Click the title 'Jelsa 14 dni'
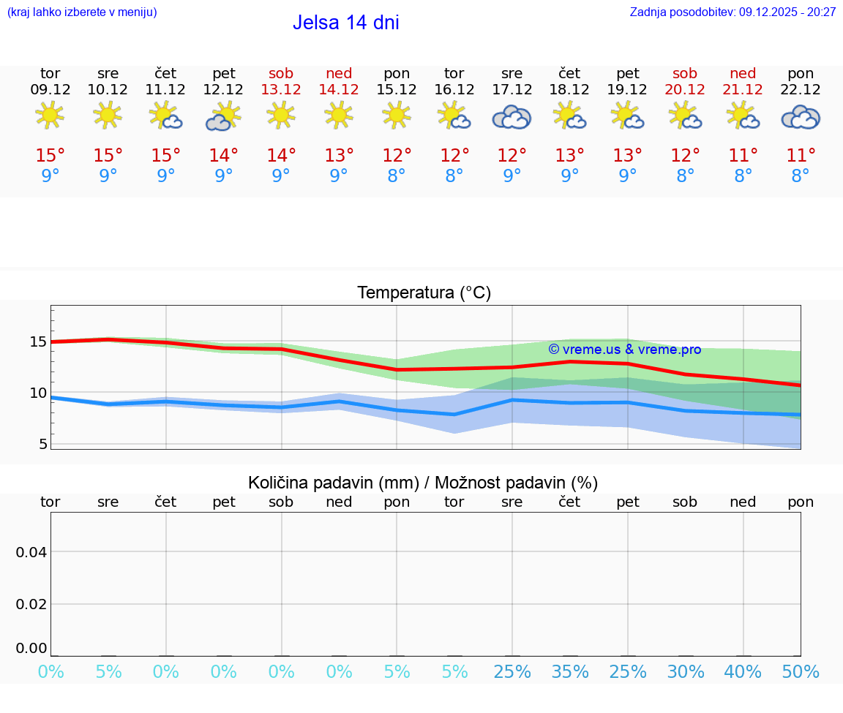(345, 23)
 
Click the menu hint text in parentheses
(82, 12)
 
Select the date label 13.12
(281, 90)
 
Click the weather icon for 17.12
(512, 117)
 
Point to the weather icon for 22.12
(801, 117)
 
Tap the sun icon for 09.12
(50, 115)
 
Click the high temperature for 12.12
(223, 156)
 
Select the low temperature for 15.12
(397, 176)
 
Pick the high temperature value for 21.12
(743, 156)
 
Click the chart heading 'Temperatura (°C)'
(424, 293)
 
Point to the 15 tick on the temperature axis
(38, 342)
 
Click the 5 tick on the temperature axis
(42, 444)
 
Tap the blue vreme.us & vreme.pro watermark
(624, 350)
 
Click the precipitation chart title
(423, 483)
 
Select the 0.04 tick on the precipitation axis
(31, 552)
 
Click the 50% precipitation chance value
(801, 671)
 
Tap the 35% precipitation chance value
(569, 671)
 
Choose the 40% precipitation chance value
(743, 671)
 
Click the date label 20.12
(685, 90)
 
